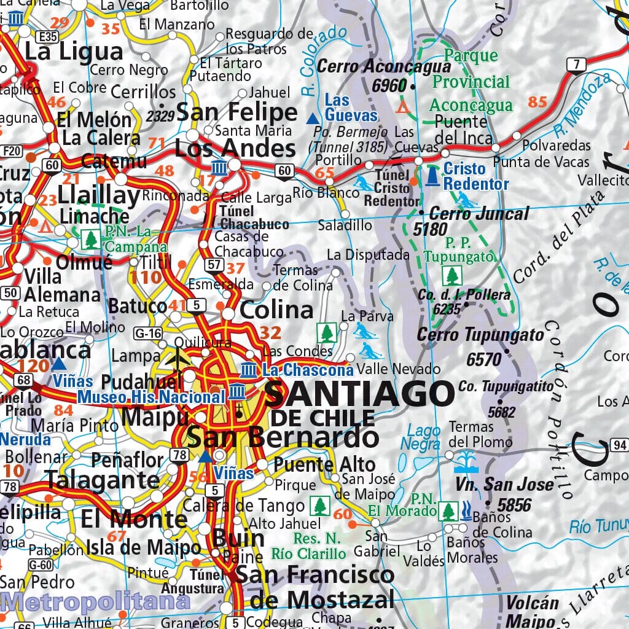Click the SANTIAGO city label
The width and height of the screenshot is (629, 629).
point(359,394)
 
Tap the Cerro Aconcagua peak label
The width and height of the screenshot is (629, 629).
point(385,66)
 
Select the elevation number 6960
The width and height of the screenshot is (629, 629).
point(389,86)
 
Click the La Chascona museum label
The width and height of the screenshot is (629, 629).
point(308,370)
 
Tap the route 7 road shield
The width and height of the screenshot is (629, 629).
point(576,64)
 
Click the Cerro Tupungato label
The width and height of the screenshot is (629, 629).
point(480,335)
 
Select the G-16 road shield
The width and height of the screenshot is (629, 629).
point(147,334)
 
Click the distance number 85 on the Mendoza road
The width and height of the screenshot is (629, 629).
point(537,102)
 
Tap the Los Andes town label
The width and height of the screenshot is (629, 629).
point(235,148)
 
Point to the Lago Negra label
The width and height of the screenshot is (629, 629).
point(422,437)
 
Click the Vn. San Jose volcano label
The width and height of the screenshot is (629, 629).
point(505,485)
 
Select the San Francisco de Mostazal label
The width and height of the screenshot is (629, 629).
point(315,587)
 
